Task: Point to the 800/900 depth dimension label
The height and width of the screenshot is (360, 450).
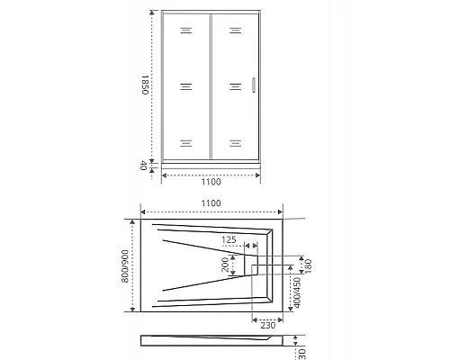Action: (x=126, y=266)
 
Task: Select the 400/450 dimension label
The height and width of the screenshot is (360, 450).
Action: (x=297, y=292)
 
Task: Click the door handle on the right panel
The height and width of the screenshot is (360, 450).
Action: (x=255, y=85)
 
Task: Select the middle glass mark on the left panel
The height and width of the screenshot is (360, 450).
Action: (x=185, y=86)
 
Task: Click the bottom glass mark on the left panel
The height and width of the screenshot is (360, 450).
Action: (x=185, y=142)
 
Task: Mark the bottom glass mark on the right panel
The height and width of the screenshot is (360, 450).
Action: (x=234, y=142)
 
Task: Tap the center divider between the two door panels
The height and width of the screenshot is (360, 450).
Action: (x=211, y=86)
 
